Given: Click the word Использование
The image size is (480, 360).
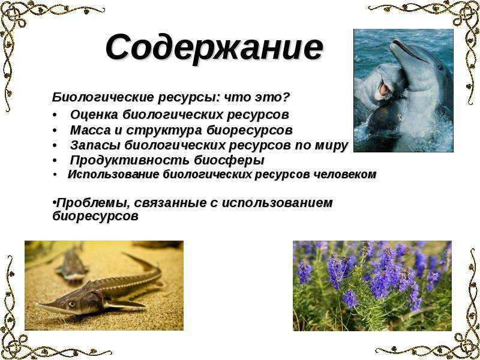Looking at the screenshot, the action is click(113, 174).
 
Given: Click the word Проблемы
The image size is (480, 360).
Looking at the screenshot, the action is click(92, 203).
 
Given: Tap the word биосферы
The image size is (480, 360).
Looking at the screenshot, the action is click(229, 160).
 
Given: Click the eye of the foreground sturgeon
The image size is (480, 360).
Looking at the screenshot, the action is click(71, 304).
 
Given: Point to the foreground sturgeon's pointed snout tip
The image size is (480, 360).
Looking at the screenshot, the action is click(37, 304).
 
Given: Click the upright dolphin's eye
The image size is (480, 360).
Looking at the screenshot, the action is click(440, 67).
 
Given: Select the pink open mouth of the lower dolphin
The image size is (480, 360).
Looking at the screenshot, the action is click(384, 89).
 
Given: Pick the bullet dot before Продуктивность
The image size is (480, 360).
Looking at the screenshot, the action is click(55, 160).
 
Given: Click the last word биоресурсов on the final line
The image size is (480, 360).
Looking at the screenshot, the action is click(95, 217).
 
